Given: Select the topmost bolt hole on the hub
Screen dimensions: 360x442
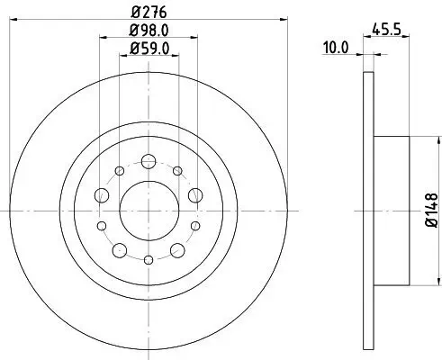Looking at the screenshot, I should [149, 161].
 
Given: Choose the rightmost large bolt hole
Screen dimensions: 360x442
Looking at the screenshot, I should [194, 195].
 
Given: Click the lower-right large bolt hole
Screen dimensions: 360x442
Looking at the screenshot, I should [177, 247].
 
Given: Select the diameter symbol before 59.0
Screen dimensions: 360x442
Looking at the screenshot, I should [132, 51].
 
